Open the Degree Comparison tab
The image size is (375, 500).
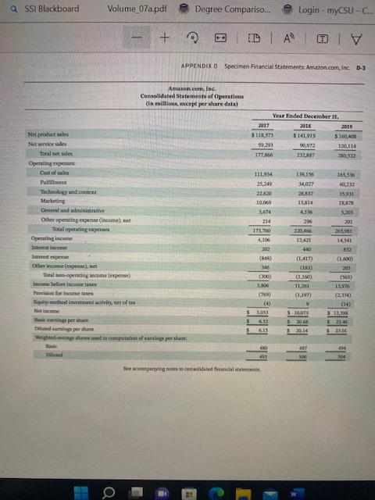pyautogui.click(x=226, y=9)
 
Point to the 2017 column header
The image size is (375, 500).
pyautogui.click(x=263, y=125)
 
